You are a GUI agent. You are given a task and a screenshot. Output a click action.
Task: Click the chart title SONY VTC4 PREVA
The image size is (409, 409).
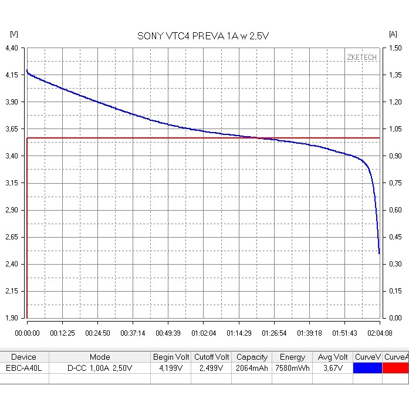(x=203, y=36)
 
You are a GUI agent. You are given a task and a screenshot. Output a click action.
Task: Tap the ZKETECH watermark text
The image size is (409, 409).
(x=361, y=58)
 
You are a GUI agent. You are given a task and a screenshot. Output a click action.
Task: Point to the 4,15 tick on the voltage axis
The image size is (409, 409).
(x=11, y=75)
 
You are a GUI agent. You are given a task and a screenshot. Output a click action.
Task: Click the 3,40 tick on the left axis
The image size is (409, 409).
(x=11, y=156)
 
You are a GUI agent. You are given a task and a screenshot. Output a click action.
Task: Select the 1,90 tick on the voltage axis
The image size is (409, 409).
(x=11, y=318)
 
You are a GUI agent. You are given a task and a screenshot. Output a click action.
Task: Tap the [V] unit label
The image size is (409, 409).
(x=14, y=34)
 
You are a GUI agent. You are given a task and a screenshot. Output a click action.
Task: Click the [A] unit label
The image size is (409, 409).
(x=393, y=34)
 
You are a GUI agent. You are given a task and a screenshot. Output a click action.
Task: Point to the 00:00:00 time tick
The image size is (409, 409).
(x=27, y=333)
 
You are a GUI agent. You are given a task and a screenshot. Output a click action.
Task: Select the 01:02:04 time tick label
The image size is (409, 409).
(x=203, y=333)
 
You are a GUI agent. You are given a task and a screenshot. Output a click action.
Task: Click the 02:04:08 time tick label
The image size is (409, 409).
(x=380, y=333)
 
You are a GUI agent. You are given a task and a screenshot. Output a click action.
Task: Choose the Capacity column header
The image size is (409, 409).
(x=252, y=357)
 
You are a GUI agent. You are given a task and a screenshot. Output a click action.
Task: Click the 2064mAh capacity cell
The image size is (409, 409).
(x=252, y=368)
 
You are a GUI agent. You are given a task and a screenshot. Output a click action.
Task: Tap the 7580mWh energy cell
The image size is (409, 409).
(x=292, y=368)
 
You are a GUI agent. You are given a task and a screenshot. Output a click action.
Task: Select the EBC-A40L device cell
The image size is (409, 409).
(x=24, y=368)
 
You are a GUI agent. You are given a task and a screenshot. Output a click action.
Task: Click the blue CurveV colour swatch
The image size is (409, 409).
(x=367, y=368)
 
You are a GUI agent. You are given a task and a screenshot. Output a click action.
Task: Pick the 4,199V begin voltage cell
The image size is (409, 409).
(x=171, y=368)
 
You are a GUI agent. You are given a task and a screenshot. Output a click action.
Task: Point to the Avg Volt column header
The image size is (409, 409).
(x=333, y=357)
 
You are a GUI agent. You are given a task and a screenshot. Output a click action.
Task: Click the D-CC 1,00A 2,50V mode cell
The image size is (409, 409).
(x=100, y=368)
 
